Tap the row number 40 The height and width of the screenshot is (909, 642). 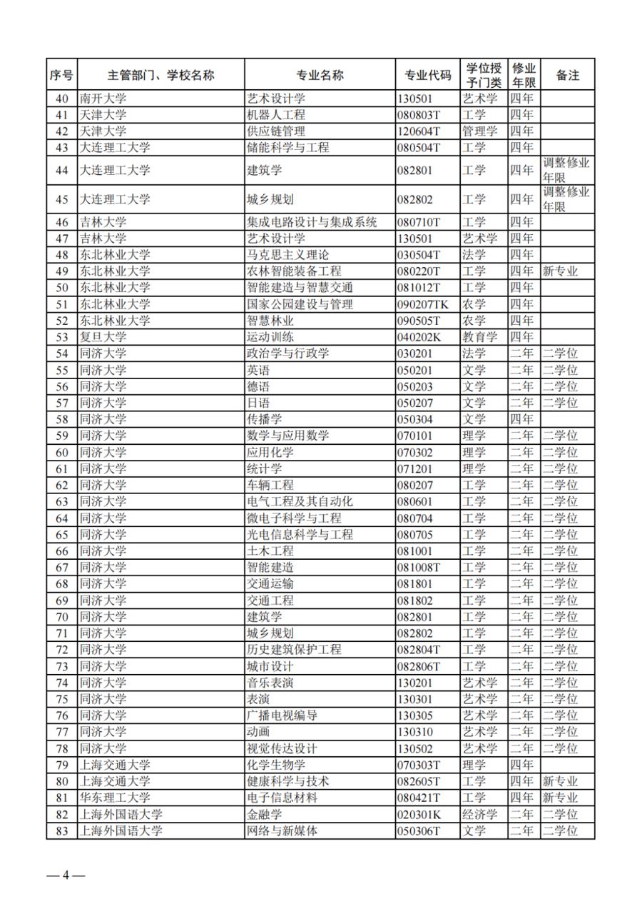(x=62, y=99)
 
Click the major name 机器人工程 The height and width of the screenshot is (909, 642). (x=275, y=115)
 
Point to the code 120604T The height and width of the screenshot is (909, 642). (x=420, y=131)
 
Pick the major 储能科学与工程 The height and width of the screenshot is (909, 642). (x=287, y=148)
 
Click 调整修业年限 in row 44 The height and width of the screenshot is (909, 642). (x=566, y=170)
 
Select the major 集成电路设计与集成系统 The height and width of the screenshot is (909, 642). (x=311, y=222)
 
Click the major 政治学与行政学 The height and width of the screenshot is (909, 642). (x=287, y=353)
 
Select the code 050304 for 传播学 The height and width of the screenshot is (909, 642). (x=414, y=419)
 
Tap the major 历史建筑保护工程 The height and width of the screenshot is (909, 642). (x=293, y=649)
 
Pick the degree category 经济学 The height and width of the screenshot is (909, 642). (x=479, y=814)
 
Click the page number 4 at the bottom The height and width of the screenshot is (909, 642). (x=65, y=875)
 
